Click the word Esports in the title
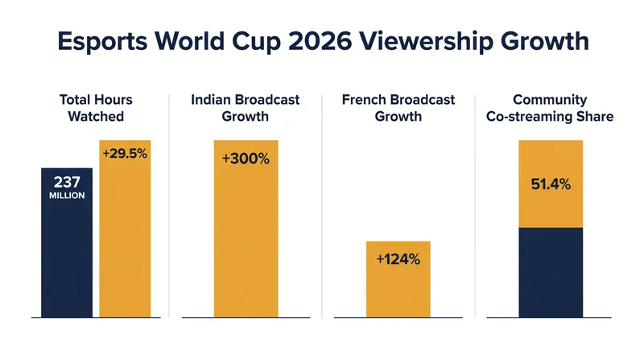coord(102,41)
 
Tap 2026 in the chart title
coord(320,41)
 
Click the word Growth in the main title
coord(545,41)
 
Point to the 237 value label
coord(67,182)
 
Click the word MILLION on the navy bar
coord(67,196)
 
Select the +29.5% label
coord(125,154)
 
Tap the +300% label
coord(246,159)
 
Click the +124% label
coord(398,259)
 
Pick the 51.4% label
coord(551,184)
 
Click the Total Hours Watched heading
coord(96,108)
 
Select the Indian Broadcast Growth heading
coord(246,108)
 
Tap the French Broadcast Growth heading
coord(398,108)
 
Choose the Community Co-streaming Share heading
coord(550,108)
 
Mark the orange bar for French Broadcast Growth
coord(398,279)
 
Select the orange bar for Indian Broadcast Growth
coord(246,229)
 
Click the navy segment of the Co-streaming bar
coord(551,272)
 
